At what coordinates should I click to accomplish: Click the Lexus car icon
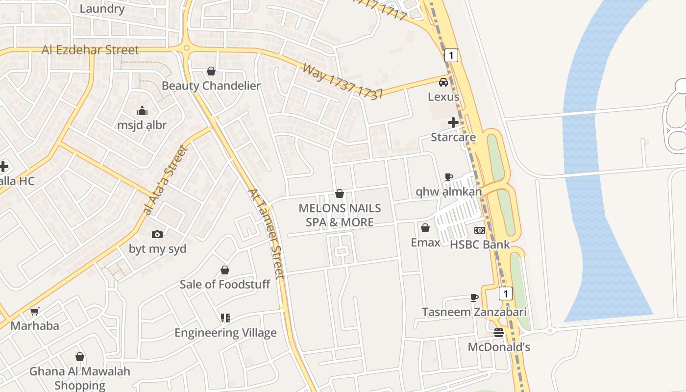coord(443,82)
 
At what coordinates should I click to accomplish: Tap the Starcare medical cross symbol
coord(453,122)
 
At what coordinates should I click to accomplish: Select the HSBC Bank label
coord(480,245)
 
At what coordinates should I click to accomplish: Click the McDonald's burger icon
coord(499,333)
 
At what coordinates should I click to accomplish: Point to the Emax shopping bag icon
coord(425,228)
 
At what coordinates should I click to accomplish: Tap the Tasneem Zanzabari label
coord(474,312)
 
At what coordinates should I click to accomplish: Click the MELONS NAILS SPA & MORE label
coord(340,215)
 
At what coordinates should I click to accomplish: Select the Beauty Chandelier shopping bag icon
coord(211,72)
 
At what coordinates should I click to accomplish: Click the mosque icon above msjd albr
coord(142,111)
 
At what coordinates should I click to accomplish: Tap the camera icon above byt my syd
coord(157,234)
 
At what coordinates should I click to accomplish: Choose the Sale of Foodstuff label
coord(224,284)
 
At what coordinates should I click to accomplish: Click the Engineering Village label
coord(225,333)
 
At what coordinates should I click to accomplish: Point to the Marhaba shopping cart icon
coord(35,311)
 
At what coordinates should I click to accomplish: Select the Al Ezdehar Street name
coord(90,50)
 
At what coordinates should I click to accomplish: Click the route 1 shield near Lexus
coord(451,55)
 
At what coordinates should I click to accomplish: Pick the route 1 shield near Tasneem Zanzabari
coord(505,294)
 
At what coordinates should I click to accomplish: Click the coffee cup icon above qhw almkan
coord(448,177)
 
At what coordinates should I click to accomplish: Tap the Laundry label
coord(102,9)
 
